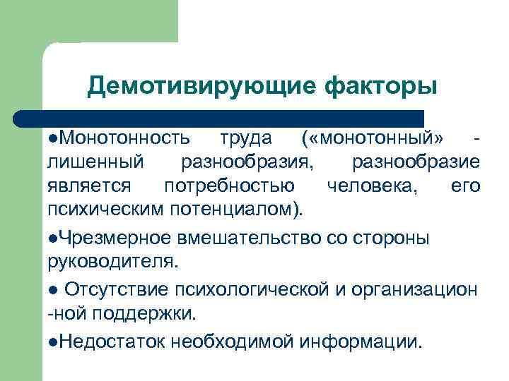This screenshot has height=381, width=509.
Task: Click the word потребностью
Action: click(230, 186)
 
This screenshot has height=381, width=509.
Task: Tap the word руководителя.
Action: click(114, 262)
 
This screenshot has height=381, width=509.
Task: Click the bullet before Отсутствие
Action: click(53, 289)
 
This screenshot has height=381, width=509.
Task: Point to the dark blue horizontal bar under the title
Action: click(219, 117)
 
